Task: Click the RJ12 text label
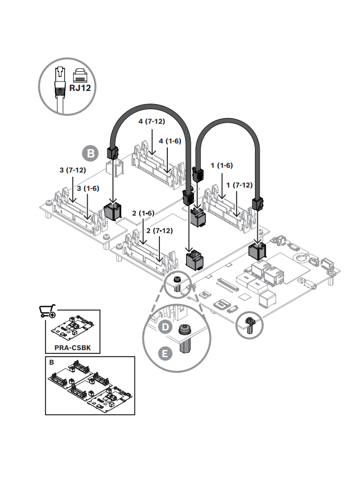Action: point(80,88)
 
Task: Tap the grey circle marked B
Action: point(90,153)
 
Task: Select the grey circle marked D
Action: point(165,327)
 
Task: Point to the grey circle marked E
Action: point(165,353)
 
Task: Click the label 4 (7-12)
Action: point(152,121)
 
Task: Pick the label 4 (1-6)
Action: point(170,141)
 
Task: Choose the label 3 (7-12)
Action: point(73,170)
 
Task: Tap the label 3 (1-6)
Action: point(88,188)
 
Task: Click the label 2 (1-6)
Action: point(143,213)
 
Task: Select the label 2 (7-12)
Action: point(159,231)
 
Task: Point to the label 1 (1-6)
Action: point(222,165)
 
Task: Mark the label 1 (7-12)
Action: point(240,185)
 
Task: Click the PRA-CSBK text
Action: point(73,348)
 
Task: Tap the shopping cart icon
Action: point(47,311)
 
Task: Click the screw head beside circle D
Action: point(185,330)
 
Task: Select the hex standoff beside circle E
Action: point(185,346)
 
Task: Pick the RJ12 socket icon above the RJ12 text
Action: point(80,75)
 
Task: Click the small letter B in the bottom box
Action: point(52,362)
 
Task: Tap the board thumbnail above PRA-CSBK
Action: point(73,328)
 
